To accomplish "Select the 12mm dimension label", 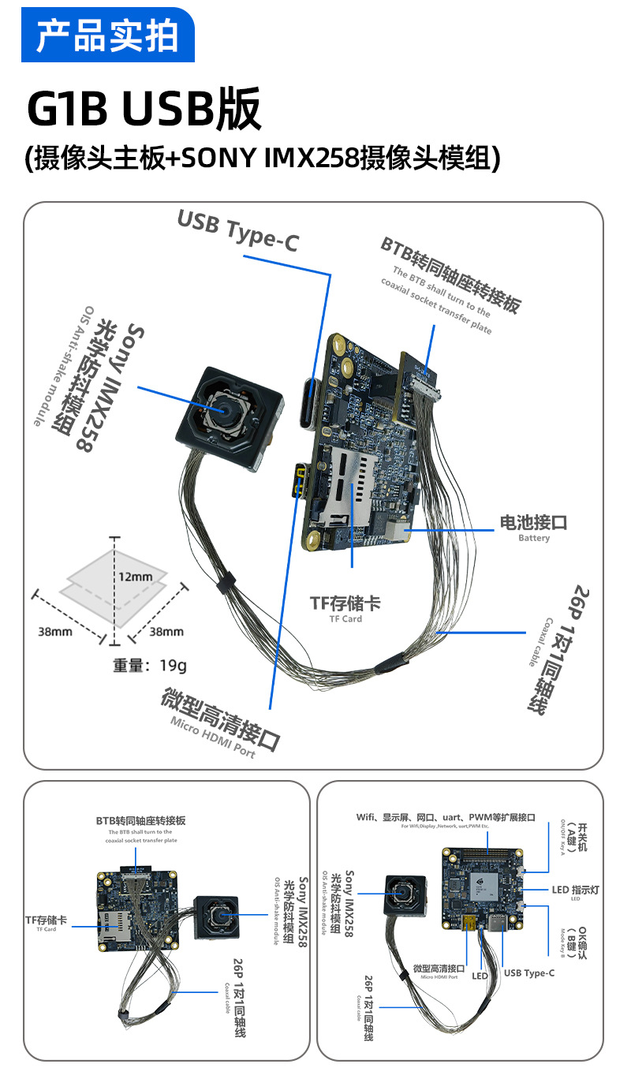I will [135, 577].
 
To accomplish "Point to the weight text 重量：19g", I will [150, 666].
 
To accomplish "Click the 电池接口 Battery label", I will [533, 526].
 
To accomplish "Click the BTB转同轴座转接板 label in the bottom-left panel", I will [141, 821].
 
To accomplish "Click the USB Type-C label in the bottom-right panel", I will [528, 972].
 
